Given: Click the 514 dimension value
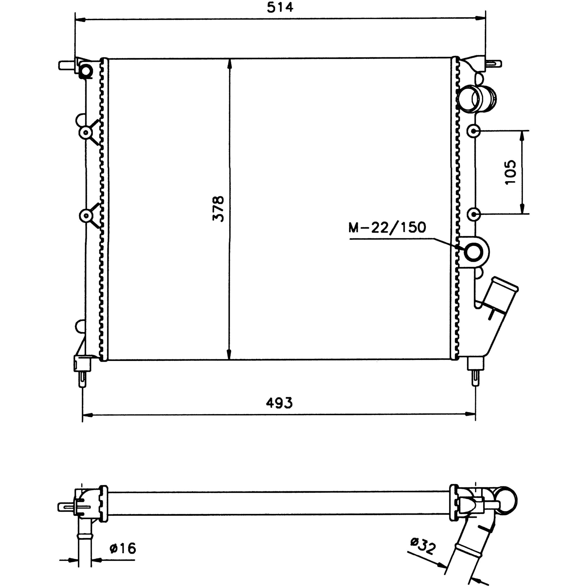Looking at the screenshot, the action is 280,7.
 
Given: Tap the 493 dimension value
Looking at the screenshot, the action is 279,403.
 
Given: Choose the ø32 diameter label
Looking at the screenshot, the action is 423,545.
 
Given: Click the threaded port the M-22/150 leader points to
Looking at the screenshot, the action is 473,252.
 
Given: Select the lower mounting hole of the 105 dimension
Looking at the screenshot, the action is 473,214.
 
